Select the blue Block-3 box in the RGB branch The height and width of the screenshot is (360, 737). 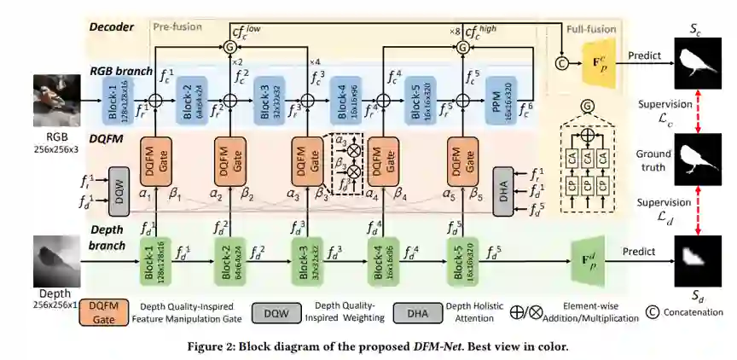pyautogui.click(x=264, y=99)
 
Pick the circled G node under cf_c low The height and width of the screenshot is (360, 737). pyautogui.click(x=229, y=49)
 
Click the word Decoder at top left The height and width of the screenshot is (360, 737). pyautogui.click(x=111, y=26)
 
